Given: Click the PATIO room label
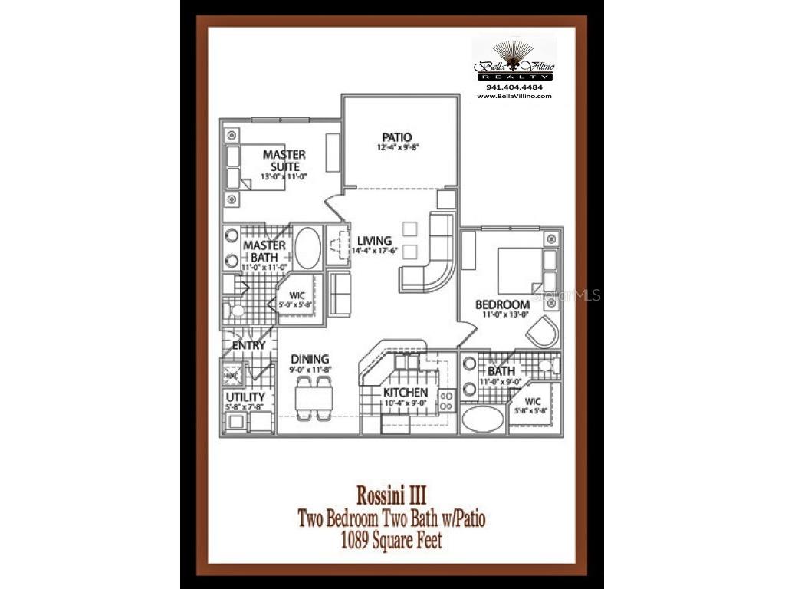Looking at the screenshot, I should pos(398,137).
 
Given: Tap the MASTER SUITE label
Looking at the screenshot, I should pos(284,160).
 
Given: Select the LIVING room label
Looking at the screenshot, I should pos(374,241).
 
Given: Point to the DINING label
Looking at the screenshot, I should pos(310,359).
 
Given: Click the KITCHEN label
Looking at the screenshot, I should pos(406,393).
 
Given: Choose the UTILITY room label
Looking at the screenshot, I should pos(245,397).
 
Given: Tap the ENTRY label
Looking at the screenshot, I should pos(248,345).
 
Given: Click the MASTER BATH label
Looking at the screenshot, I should pos(264,251).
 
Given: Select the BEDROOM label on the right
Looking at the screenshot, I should pos(502,304).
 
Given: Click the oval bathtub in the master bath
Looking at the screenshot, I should pos(307,248).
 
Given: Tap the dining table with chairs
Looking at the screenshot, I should pos(314,396).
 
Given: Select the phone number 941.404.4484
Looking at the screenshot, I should pos(514,87).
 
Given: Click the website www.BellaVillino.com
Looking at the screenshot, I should pos(514,96).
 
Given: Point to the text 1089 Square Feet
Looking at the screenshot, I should pos(392,541).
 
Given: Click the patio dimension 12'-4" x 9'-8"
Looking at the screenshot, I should pos(398,147).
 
